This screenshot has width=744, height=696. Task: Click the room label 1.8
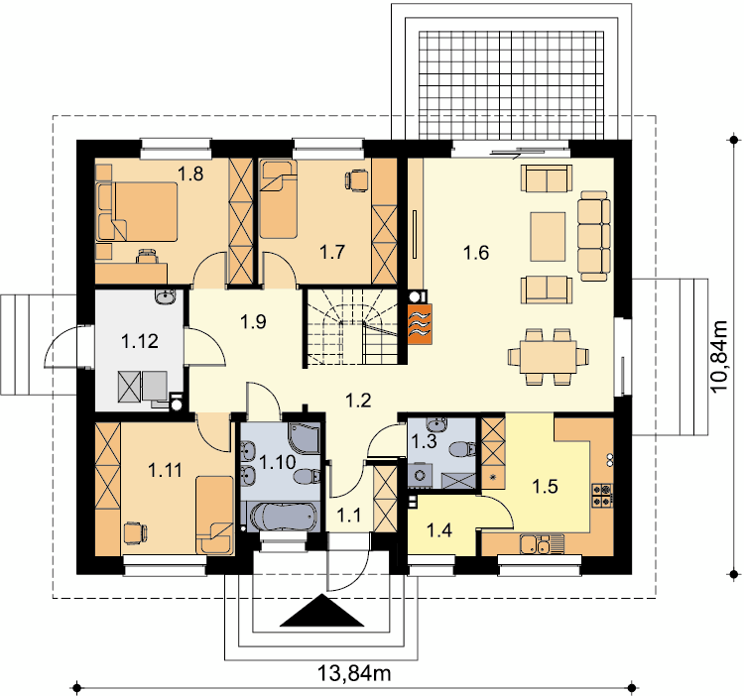click(190, 174)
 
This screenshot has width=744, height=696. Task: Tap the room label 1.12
click(140, 341)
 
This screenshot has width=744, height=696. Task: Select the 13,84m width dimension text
click(354, 672)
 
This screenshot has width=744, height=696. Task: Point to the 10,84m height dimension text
click(719, 356)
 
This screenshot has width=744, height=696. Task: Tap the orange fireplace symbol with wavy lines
click(420, 323)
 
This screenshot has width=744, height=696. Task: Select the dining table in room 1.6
click(549, 357)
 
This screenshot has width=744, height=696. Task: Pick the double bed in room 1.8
click(137, 212)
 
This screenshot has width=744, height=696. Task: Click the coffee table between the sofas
click(548, 237)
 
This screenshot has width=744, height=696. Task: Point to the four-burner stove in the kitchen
click(602, 495)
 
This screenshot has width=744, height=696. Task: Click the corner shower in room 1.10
click(305, 437)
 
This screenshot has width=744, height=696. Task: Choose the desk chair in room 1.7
click(357, 181)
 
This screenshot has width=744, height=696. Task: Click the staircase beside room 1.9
click(351, 327)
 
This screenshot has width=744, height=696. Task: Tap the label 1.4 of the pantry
click(439, 530)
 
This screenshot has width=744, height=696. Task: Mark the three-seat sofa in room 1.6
click(594, 236)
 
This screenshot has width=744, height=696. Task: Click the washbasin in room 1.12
click(165, 296)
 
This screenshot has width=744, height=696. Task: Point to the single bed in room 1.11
click(214, 515)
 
